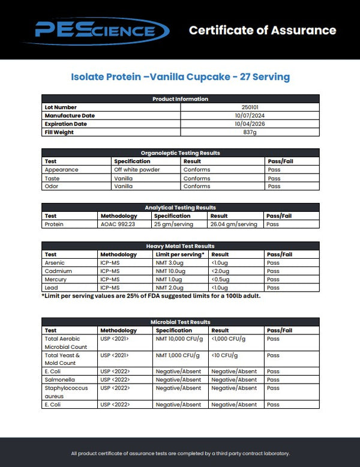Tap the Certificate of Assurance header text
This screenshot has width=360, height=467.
click(x=262, y=30)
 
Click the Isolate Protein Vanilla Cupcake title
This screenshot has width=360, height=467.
click(x=180, y=77)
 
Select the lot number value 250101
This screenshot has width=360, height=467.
click(x=250, y=107)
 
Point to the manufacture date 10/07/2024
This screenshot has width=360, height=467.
click(x=250, y=116)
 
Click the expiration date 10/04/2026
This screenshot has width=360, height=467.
click(x=250, y=124)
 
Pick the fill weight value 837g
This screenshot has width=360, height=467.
click(x=250, y=133)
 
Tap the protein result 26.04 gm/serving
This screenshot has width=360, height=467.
click(x=234, y=224)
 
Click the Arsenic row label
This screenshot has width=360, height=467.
click(x=55, y=263)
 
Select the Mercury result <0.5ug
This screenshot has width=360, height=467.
click(x=221, y=280)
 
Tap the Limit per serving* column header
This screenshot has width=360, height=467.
click(x=180, y=255)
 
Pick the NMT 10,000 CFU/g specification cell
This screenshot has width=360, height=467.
click(x=179, y=339)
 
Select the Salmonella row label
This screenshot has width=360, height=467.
click(x=58, y=380)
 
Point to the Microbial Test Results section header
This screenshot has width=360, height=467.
click(x=180, y=322)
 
